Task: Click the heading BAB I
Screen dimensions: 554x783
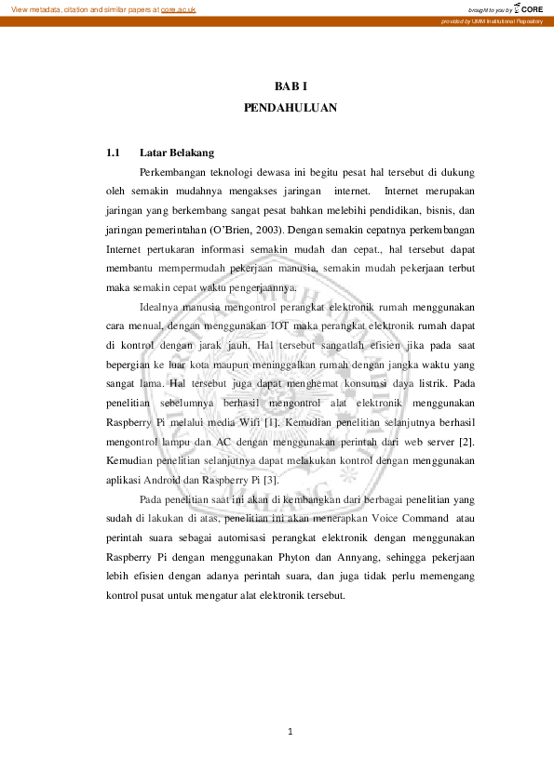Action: click(291, 86)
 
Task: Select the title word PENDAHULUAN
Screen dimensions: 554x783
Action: click(290, 108)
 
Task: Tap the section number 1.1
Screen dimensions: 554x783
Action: click(114, 153)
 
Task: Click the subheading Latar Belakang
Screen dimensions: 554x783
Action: click(177, 153)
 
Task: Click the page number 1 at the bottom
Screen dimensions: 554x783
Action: click(291, 732)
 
